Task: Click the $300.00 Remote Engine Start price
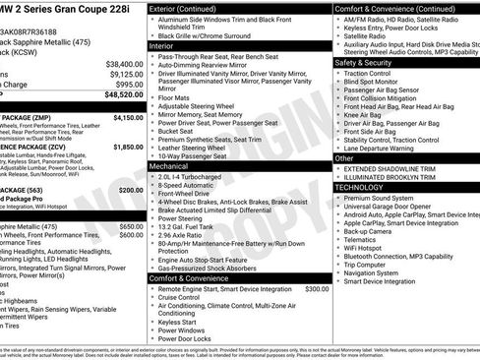(x=317, y=289)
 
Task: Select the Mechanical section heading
(x=168, y=167)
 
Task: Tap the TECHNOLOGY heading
(x=360, y=186)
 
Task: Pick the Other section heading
(x=344, y=157)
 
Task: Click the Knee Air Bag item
(x=366, y=114)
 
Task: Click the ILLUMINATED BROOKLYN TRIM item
(x=393, y=177)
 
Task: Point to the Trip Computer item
(x=366, y=264)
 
